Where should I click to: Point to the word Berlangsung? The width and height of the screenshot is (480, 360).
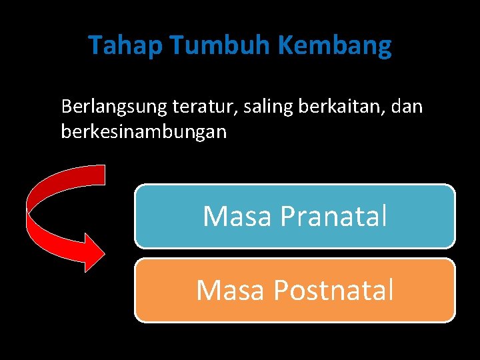point(113,107)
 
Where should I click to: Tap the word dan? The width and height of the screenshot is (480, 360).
point(407,107)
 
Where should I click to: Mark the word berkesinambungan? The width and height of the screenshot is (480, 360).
point(143,132)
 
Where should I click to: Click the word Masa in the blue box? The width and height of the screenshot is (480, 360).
point(237,217)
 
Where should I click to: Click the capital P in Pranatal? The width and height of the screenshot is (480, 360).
point(288,217)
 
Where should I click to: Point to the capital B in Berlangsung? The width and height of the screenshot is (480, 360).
point(66,106)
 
